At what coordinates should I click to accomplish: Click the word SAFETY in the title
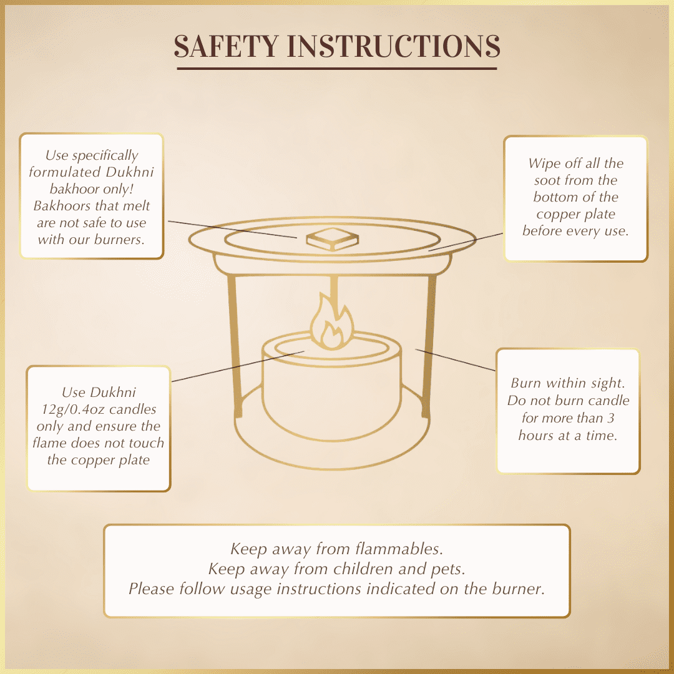226,46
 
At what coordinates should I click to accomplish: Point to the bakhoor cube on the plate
332,239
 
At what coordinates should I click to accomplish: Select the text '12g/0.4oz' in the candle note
72,409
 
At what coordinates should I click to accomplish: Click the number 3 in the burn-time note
611,418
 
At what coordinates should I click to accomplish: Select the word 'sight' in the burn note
607,383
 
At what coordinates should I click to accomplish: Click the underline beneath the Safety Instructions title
337,69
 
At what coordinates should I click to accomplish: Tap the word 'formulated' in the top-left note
64,172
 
